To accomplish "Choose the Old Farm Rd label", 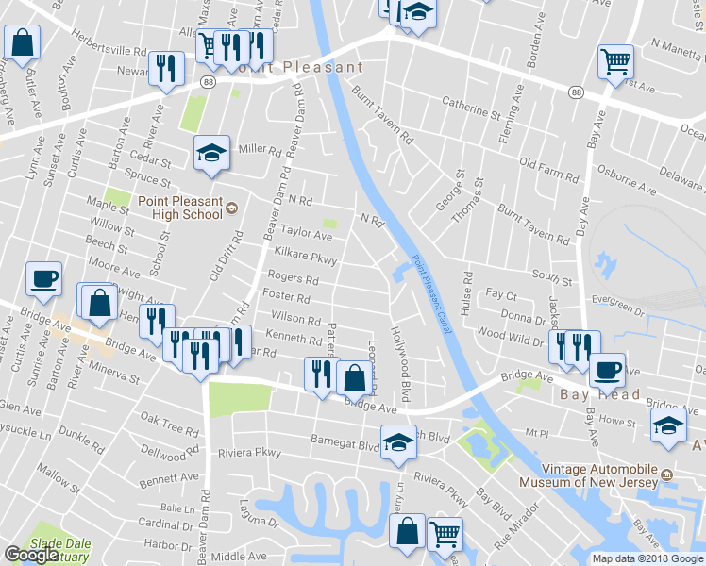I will tap(547, 170).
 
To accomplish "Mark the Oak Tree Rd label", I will tap(169, 424).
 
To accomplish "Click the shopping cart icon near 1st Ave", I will tap(615, 62).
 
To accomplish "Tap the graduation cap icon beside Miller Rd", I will tap(212, 152).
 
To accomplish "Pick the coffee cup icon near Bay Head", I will tap(607, 369).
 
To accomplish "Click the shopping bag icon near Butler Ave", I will tap(23, 42).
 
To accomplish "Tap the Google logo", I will tap(31, 556).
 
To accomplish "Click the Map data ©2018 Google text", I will tap(647, 558).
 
